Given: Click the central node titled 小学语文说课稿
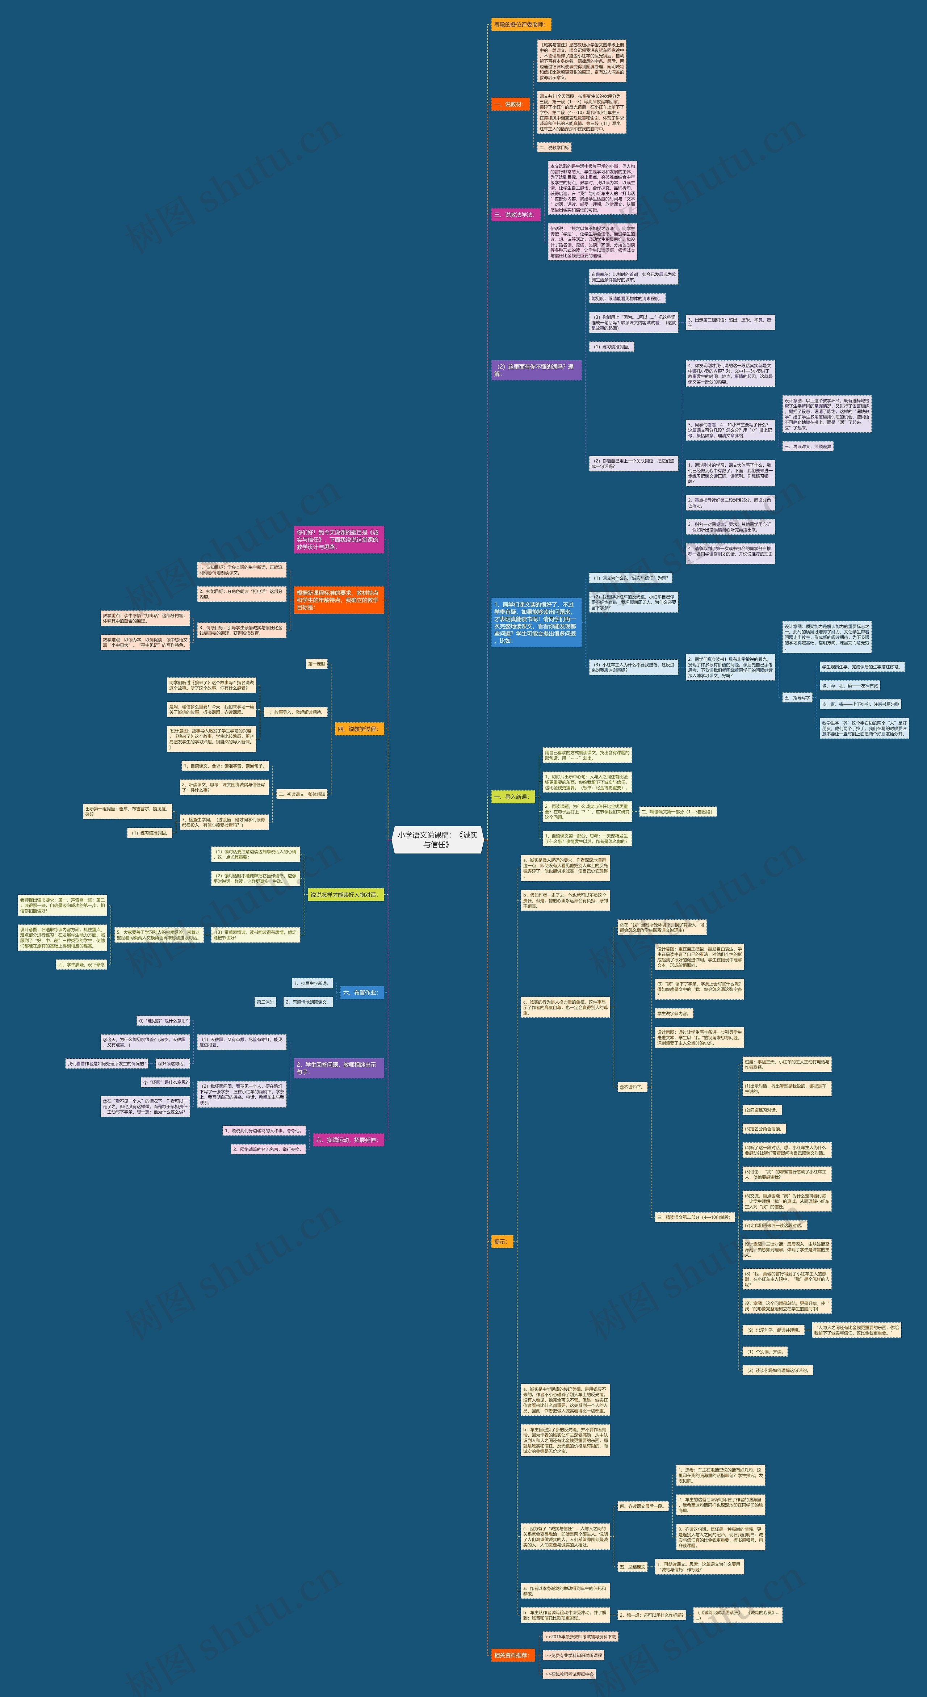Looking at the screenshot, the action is tap(437, 839).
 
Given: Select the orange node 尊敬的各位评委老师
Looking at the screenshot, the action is tap(520, 24).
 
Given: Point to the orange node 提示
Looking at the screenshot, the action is tap(502, 1242).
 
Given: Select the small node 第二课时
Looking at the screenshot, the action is tap(265, 1002).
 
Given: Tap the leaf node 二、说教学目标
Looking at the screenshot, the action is tap(553, 148).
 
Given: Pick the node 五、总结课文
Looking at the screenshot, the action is tap(632, 1567).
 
